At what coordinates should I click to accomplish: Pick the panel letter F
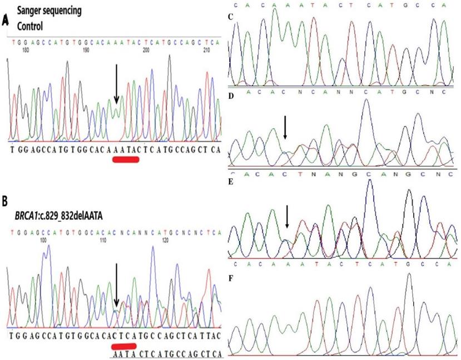tap(231, 275)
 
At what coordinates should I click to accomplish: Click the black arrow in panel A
tap(116, 83)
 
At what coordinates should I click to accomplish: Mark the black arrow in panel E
tap(286, 216)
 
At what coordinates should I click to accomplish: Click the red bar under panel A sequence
tap(125, 160)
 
